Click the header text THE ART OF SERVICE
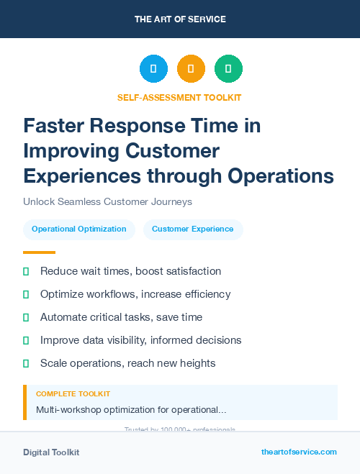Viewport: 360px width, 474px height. pyautogui.click(x=180, y=19)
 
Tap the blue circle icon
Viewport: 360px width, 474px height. pyautogui.click(x=153, y=69)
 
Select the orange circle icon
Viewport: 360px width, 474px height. pyautogui.click(x=191, y=69)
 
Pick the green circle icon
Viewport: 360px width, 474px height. pyautogui.click(x=228, y=69)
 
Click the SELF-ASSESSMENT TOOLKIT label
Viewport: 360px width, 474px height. pyautogui.click(x=180, y=97)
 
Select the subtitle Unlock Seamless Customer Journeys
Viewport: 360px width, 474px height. pyautogui.click(x=107, y=202)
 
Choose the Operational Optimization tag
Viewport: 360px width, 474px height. pyautogui.click(x=79, y=229)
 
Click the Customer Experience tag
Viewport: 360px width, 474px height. pyautogui.click(x=192, y=229)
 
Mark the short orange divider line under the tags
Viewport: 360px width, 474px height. pyautogui.click(x=39, y=252)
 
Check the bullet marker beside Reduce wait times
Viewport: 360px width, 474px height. pyautogui.click(x=26, y=271)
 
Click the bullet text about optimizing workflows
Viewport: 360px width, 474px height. pyautogui.click(x=135, y=294)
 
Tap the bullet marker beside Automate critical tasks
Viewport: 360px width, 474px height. pyautogui.click(x=26, y=317)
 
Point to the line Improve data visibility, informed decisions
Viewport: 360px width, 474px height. pyautogui.click(x=140, y=340)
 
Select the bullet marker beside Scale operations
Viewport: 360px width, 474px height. pyautogui.click(x=26, y=363)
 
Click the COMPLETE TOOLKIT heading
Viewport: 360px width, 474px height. pyautogui.click(x=73, y=394)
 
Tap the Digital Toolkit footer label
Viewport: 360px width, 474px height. pyautogui.click(x=51, y=452)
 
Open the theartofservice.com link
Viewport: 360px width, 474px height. pyautogui.click(x=299, y=452)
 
